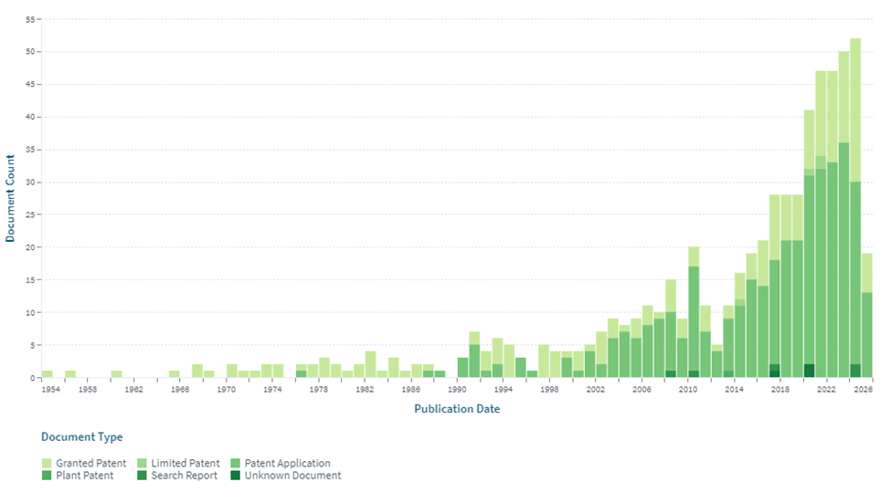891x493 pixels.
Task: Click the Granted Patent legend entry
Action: pyautogui.click(x=90, y=464)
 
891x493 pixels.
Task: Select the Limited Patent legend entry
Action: pyautogui.click(x=186, y=464)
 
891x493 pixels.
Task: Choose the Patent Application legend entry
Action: pyautogui.click(x=287, y=464)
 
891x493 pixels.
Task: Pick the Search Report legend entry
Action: pyautogui.click(x=184, y=476)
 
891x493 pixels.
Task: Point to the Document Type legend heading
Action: pyautogui.click(x=81, y=437)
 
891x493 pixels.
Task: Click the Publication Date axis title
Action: pyautogui.click(x=457, y=409)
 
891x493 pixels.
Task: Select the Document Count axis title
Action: pyautogui.click(x=11, y=198)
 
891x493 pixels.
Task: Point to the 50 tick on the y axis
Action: pyautogui.click(x=29, y=52)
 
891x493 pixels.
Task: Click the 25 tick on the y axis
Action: pyautogui.click(x=29, y=215)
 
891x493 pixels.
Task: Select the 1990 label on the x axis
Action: pyautogui.click(x=457, y=390)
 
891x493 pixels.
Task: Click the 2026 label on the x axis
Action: pyautogui.click(x=864, y=390)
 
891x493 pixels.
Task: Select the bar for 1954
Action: pyautogui.click(x=47, y=373)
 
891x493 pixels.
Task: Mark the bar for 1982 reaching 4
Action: pyautogui.click(x=370, y=364)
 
